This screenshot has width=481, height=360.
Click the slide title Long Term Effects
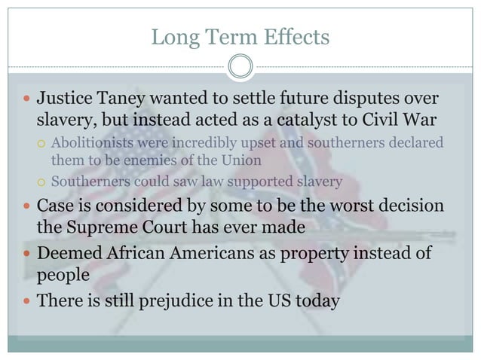coord(240,36)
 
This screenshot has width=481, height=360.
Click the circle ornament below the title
coord(240,67)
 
